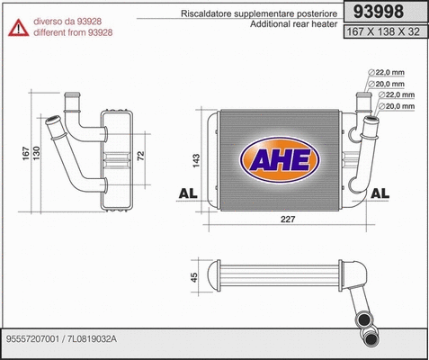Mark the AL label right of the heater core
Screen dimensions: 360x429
(380, 193)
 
